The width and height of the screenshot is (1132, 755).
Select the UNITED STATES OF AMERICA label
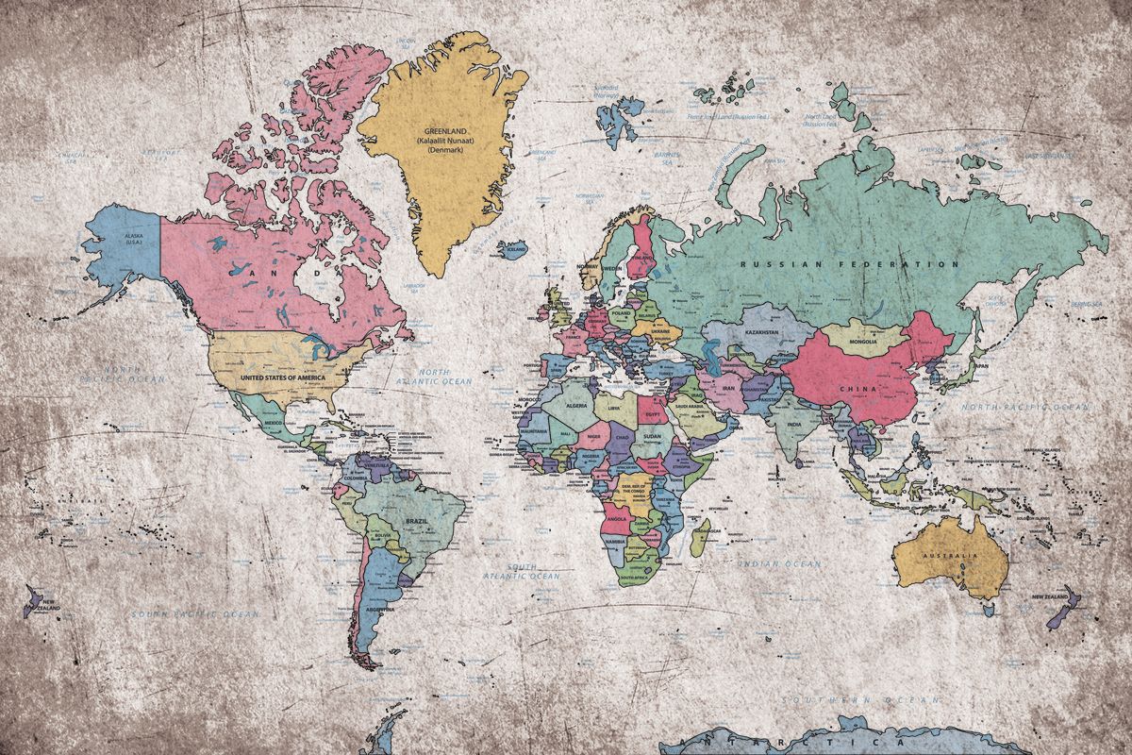point(283,377)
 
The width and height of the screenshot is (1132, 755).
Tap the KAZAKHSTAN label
point(760,332)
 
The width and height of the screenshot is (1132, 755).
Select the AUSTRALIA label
point(948,555)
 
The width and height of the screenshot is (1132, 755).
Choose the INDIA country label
point(794,425)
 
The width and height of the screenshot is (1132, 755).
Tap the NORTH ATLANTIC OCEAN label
point(433,377)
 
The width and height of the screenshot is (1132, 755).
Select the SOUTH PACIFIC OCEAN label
point(194,613)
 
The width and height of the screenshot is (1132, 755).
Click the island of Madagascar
point(701,540)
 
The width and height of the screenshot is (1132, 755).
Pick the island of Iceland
point(515,249)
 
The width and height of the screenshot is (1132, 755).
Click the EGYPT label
point(649,412)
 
